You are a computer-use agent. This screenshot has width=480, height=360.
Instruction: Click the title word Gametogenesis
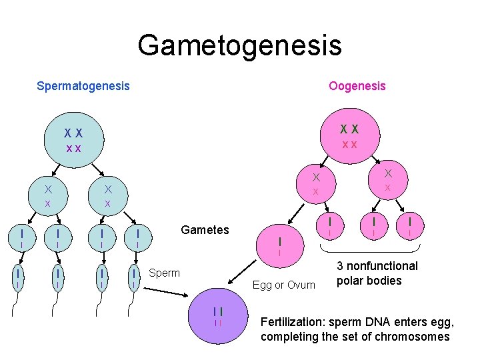point(239,45)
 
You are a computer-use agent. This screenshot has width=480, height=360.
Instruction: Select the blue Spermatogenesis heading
point(83,86)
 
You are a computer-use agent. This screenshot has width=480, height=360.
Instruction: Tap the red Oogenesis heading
point(357,86)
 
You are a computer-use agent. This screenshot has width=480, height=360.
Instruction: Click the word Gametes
point(205,230)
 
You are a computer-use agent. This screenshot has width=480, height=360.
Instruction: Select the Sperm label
point(165,273)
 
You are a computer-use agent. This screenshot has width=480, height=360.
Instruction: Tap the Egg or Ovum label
point(284,285)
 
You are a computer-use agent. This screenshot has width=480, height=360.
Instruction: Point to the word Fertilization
point(295,323)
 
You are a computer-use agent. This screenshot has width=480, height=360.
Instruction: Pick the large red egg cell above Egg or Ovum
point(280,243)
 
